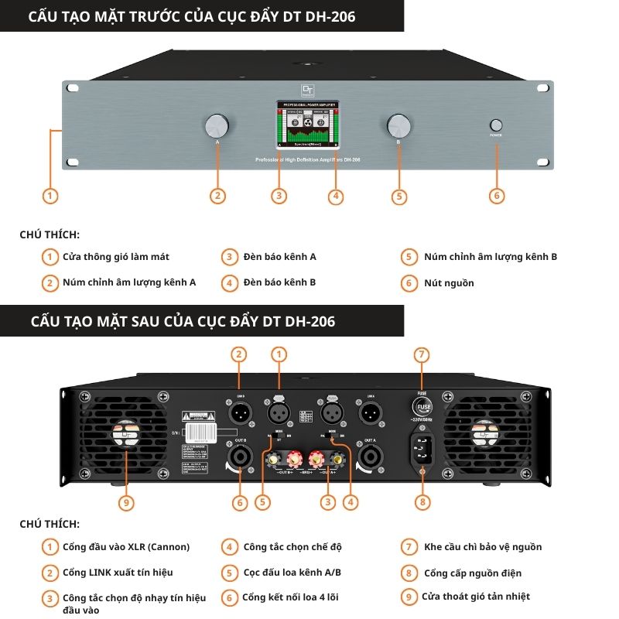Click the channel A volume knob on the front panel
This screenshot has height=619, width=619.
click(x=217, y=126)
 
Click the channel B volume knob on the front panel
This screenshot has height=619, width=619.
click(x=398, y=126)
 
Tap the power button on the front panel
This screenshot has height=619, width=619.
click(x=496, y=125)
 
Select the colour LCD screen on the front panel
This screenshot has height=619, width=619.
click(x=307, y=125)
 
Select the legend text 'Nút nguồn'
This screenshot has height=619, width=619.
click(x=449, y=283)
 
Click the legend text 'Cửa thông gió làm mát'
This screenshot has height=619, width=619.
click(x=116, y=257)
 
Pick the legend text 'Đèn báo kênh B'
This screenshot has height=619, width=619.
click(x=279, y=283)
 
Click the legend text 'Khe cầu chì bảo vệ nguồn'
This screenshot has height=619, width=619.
click(x=483, y=547)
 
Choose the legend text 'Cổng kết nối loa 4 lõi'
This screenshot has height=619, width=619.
click(x=291, y=597)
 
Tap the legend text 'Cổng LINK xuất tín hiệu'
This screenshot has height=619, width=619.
click(x=118, y=573)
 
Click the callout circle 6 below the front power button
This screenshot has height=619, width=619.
click(x=497, y=196)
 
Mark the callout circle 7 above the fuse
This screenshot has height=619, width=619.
click(x=422, y=354)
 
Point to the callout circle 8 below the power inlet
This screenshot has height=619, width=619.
click(x=422, y=502)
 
